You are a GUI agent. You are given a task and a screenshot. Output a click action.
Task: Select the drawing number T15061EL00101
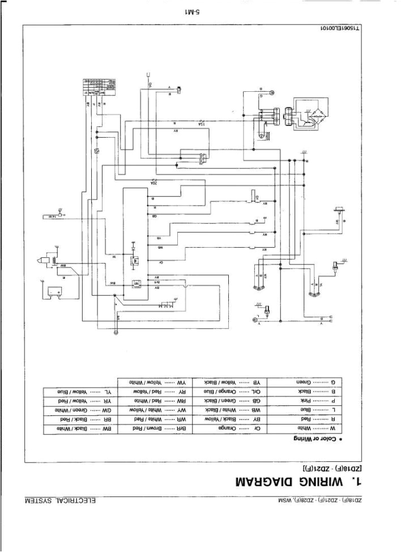[339, 29]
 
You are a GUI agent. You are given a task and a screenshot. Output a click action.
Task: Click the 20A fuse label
[153, 182]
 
